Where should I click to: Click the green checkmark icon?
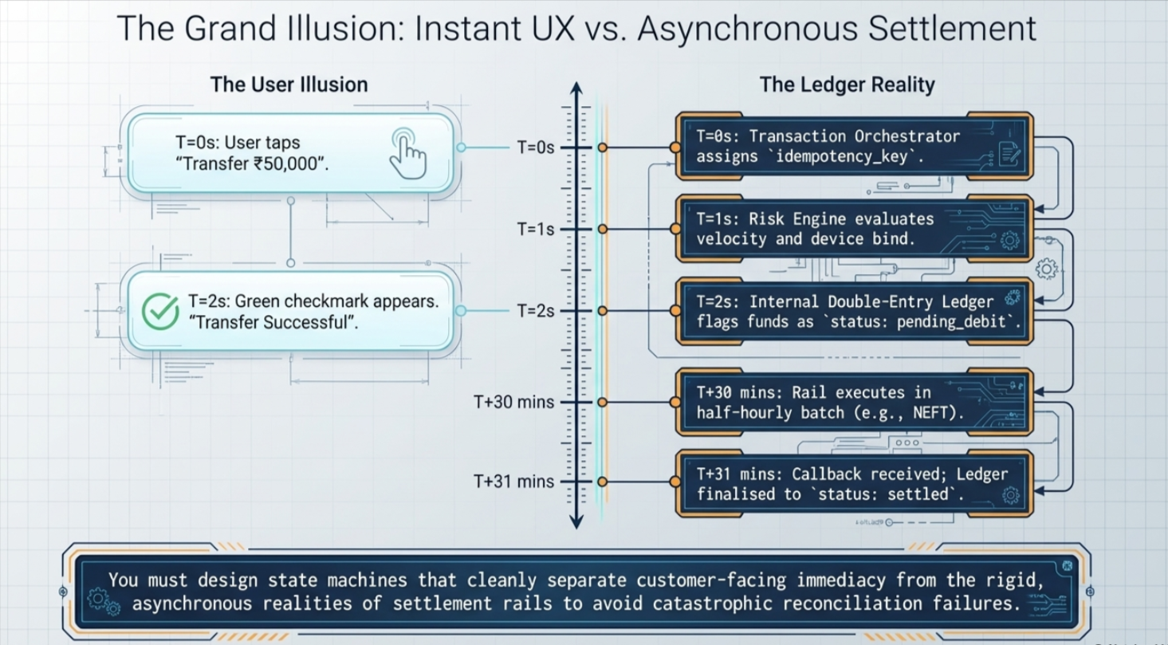click(x=160, y=311)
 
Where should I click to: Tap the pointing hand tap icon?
click(x=408, y=154)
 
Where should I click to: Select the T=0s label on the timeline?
click(x=536, y=147)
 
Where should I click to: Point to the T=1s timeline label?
click(x=536, y=229)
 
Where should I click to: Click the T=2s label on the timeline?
click(x=536, y=311)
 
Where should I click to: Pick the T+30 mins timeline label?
click(x=513, y=402)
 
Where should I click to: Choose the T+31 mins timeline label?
click(x=513, y=482)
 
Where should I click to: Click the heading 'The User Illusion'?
click(x=289, y=85)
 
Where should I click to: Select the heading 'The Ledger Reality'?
click(x=847, y=85)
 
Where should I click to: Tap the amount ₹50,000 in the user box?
click(x=285, y=163)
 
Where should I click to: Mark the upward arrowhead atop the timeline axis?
click(x=576, y=88)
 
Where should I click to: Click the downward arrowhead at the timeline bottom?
click(x=576, y=521)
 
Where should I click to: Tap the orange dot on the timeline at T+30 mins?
click(x=602, y=402)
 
